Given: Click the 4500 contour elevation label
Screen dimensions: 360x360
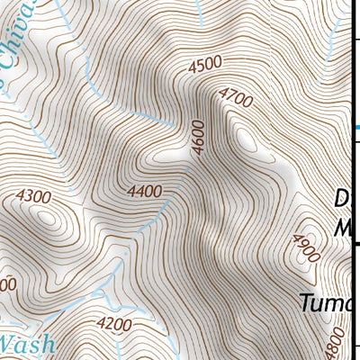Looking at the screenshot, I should [204, 64].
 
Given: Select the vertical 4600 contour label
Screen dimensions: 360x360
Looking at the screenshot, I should [198, 138].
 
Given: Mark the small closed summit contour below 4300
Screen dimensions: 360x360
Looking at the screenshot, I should [45, 217].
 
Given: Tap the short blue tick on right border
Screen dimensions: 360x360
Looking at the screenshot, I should [357, 127].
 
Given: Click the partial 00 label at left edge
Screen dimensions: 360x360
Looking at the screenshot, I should [7, 284].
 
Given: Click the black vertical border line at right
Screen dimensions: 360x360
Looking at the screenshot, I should [350, 180].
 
